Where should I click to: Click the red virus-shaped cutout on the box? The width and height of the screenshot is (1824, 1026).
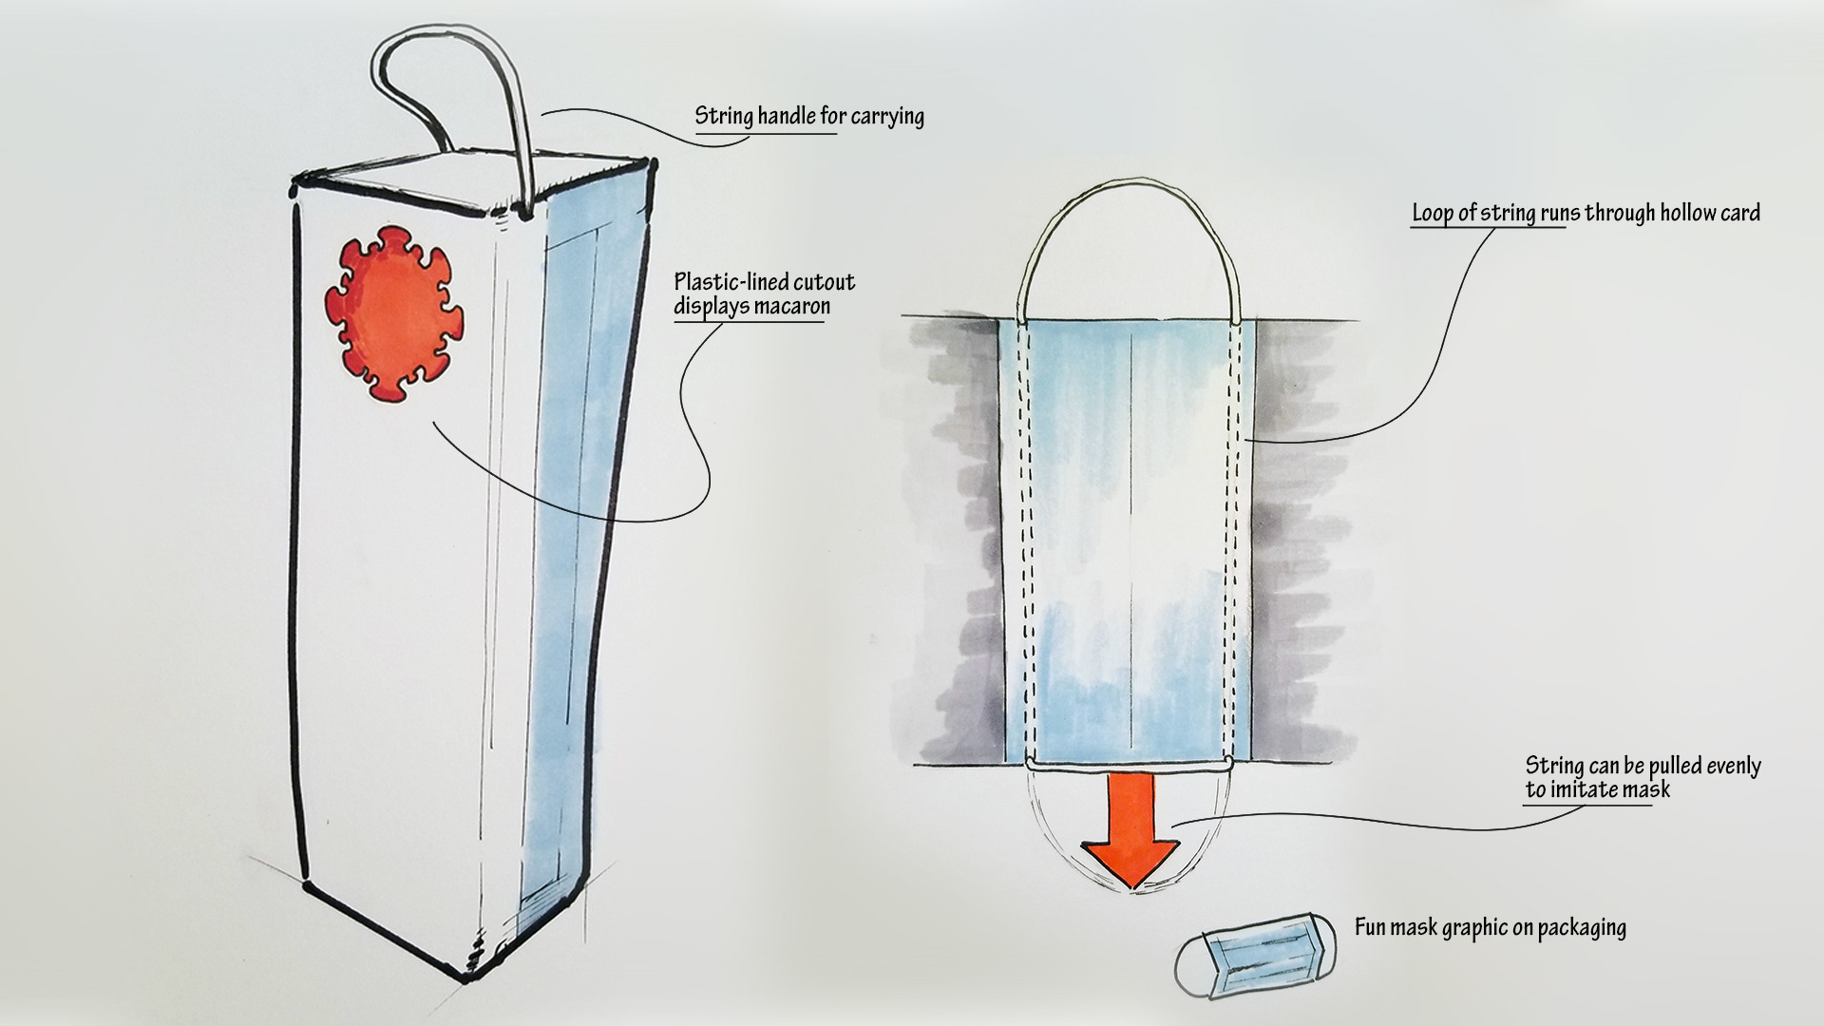coord(394,313)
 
